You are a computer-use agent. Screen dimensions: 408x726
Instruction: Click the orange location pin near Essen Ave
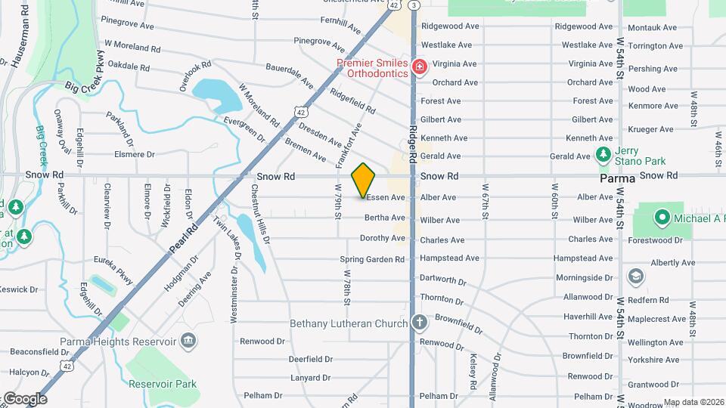tap(364, 181)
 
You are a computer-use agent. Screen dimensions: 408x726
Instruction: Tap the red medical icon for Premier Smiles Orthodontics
tap(419, 68)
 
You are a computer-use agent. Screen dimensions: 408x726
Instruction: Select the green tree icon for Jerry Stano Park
tap(603, 156)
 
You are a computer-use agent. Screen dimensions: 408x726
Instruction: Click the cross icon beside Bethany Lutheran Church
tap(420, 323)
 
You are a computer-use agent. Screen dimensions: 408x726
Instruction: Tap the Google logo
tap(25, 398)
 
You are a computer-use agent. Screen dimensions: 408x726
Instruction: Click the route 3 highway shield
tap(414, 5)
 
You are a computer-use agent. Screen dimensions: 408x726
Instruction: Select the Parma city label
tap(616, 180)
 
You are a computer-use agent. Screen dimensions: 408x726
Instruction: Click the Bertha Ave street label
tap(385, 218)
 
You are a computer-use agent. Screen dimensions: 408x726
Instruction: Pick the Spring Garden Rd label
tap(372, 259)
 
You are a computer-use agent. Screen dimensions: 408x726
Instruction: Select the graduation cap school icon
tap(636, 276)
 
